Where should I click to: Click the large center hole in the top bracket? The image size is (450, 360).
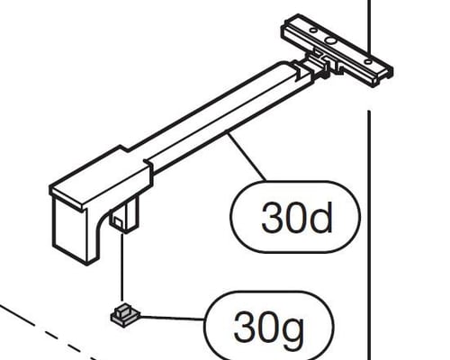(331, 40)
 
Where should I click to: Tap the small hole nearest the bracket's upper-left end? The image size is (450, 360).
(312, 30)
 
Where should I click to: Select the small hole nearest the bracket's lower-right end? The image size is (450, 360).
(369, 62)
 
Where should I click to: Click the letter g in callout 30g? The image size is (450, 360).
(293, 330)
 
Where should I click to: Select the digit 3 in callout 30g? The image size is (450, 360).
(244, 326)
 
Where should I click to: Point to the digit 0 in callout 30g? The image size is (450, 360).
(268, 326)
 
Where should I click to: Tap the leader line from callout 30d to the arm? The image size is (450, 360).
(246, 156)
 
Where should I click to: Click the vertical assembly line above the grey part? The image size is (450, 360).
(121, 266)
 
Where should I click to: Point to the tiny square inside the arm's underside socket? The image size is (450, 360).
(118, 222)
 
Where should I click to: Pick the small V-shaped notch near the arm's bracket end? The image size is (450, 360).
(299, 73)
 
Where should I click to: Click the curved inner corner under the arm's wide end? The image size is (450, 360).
(101, 223)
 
